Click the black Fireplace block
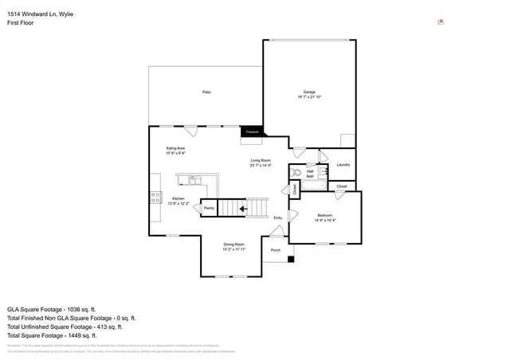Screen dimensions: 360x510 click(252, 131)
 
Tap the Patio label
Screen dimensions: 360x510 click(206, 92)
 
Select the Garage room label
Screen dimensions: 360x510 click(309, 92)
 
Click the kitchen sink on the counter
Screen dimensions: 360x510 click(190, 178)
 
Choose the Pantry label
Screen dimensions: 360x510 click(209, 208)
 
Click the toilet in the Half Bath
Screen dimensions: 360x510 click(297, 171)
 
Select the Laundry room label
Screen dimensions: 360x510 click(343, 165)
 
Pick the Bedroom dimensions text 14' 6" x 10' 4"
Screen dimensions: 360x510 click(325, 220)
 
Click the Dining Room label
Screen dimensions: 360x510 click(233, 244)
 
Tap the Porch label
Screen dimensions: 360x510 click(276, 250)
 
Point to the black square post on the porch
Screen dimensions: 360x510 click(290, 258)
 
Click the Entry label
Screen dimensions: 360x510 click(278, 217)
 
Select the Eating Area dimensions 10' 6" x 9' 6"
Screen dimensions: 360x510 click(176, 153)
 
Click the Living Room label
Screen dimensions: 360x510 click(261, 160)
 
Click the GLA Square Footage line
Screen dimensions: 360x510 click(51, 308)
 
